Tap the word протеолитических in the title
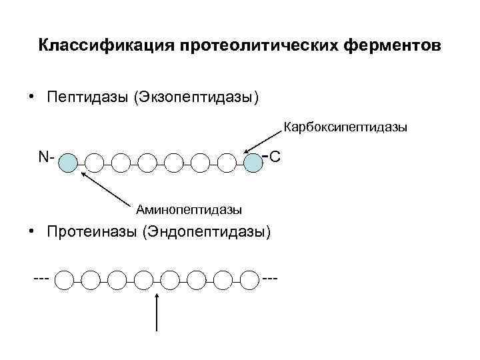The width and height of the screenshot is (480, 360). [x=257, y=46]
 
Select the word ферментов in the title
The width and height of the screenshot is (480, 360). [x=393, y=46]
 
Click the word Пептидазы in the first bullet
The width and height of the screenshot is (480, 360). [x=87, y=97]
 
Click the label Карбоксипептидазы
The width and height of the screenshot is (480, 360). [x=345, y=126]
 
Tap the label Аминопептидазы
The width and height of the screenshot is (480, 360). [x=189, y=210]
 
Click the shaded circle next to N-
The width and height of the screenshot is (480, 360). [x=68, y=162]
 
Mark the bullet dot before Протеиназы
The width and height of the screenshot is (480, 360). [x=31, y=230]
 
